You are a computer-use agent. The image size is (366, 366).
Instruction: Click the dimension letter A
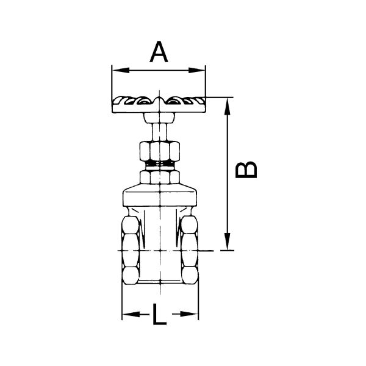pyautogui.click(x=159, y=52)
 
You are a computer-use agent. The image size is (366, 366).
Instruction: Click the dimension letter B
pyautogui.click(x=246, y=170)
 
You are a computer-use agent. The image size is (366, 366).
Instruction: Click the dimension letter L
pyautogui.click(x=159, y=314)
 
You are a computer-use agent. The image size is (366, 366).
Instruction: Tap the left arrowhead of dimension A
pyautogui.click(x=121, y=70)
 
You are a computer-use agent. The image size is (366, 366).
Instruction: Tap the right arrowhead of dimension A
pyautogui.click(x=197, y=70)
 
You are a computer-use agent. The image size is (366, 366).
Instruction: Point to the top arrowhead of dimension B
pyautogui.click(x=227, y=106)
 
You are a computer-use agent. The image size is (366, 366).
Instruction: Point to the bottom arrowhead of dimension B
pyautogui.click(x=227, y=242)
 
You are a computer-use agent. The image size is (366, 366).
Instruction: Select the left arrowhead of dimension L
pyautogui.click(x=131, y=314)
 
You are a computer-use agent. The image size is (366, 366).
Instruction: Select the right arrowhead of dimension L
pyautogui.click(x=190, y=314)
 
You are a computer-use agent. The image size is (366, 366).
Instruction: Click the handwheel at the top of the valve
pyautogui.click(x=159, y=104)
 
